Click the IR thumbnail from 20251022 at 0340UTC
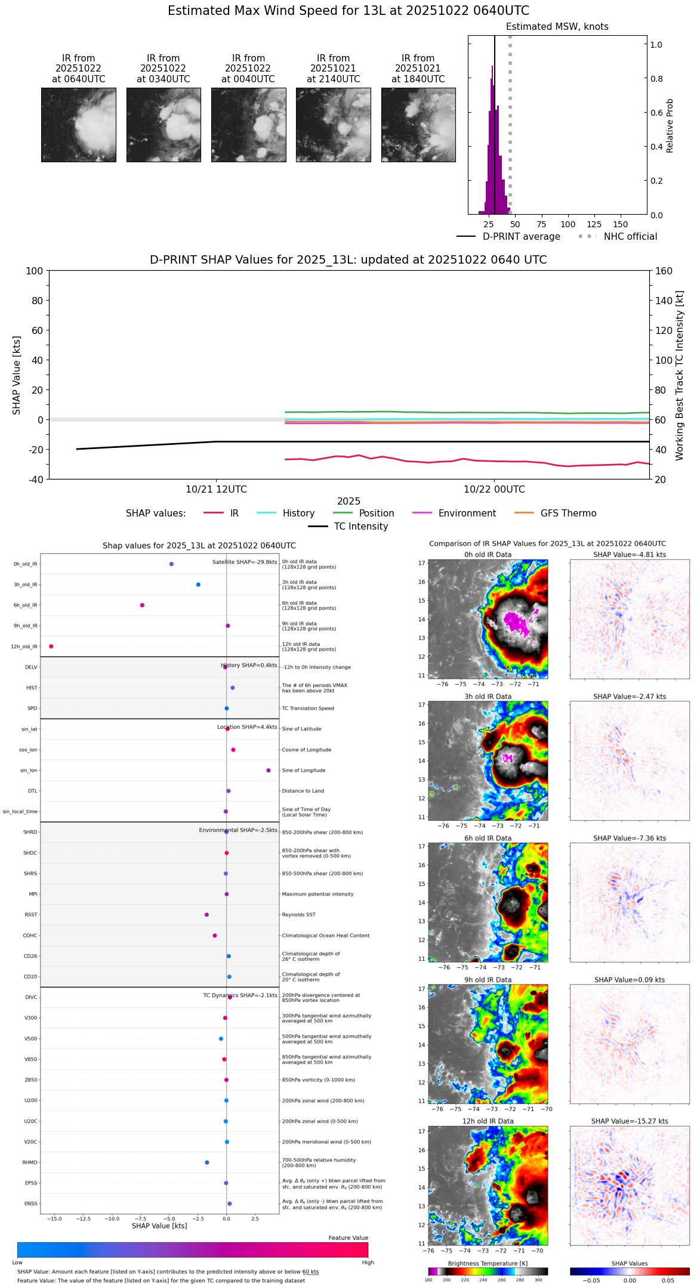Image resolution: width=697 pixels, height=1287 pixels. pos(164,125)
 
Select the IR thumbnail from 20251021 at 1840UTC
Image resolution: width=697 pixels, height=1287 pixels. pos(418,125)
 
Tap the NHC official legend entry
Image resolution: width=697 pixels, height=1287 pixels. pos(630,237)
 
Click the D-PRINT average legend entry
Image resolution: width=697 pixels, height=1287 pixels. pos(521,237)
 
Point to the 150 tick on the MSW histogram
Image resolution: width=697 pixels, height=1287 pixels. pos(621,224)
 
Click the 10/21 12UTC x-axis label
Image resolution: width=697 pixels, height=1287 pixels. pos(216,490)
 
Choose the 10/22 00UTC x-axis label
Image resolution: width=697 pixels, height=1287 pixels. pos(494,490)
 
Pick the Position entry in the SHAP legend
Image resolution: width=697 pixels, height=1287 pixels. pos(376,513)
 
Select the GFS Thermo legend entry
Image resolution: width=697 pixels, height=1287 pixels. pos(568,513)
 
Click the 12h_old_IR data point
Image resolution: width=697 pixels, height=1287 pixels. pos(51,646)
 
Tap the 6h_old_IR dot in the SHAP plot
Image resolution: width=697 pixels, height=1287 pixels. pos(142,605)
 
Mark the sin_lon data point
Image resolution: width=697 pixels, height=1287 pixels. pos(269,771)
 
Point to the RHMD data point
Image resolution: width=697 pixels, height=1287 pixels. pos(207,1162)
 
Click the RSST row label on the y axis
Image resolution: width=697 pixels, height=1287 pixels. pos(31,915)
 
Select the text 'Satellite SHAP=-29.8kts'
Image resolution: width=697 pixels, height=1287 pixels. pos(245,562)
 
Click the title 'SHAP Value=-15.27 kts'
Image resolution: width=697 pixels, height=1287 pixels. pos(630,1121)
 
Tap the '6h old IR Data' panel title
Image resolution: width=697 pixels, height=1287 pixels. pos(488,838)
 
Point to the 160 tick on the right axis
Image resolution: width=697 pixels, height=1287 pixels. pos(664,271)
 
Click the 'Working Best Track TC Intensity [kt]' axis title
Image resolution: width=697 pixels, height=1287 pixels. pos(680,376)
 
